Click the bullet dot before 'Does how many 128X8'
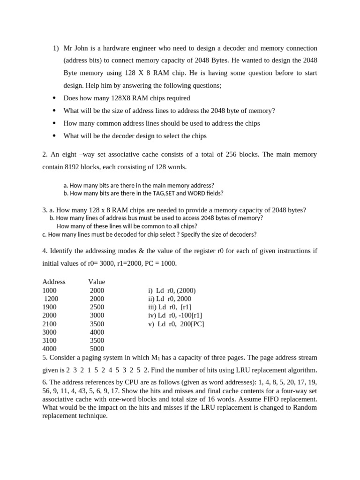click(x=54, y=98)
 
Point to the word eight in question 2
click(x=69, y=154)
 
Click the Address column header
click(x=54, y=282)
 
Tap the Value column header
click(x=97, y=282)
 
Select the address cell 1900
click(x=50, y=307)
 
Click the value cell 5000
click(x=97, y=349)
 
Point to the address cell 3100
click(x=50, y=340)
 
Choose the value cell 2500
click(x=97, y=307)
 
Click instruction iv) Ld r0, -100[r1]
click(x=175, y=315)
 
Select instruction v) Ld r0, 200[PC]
click(x=176, y=324)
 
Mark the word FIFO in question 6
click(x=273, y=399)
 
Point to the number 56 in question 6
click(x=46, y=391)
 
